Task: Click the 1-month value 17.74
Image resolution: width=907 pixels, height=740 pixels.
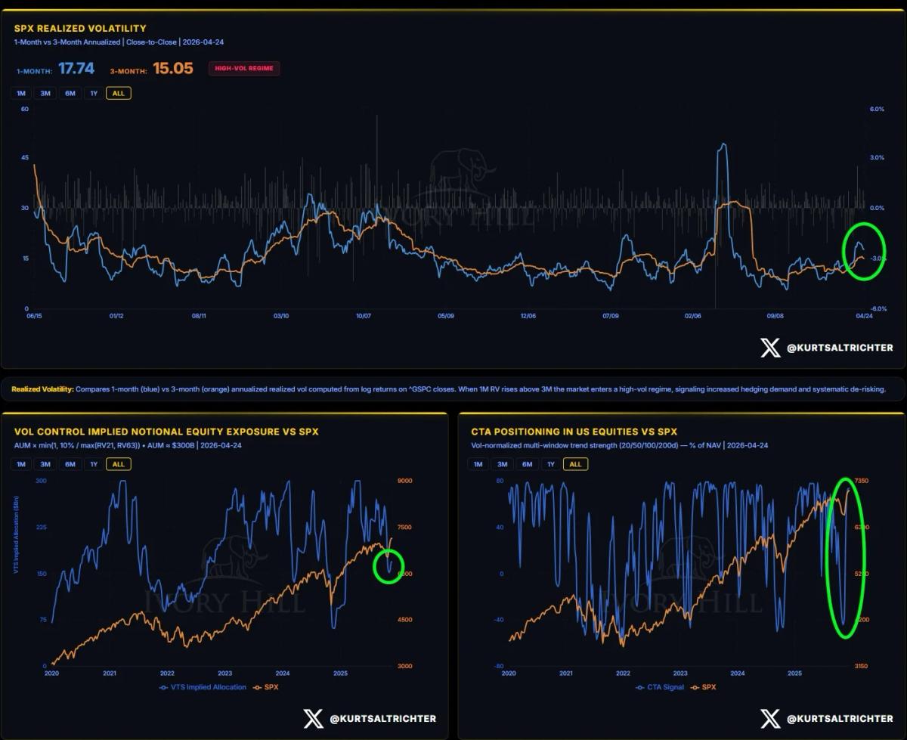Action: click(x=76, y=69)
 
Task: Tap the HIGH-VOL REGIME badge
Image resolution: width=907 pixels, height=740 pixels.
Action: click(x=244, y=69)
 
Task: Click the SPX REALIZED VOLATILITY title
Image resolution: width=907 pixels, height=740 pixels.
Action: click(x=80, y=29)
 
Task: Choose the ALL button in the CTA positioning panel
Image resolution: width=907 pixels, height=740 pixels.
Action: click(x=575, y=464)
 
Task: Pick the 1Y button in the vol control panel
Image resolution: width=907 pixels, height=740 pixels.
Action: click(x=94, y=464)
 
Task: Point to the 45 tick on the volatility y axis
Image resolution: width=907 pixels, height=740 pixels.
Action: click(x=25, y=158)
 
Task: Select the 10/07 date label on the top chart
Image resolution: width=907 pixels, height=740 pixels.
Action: click(x=363, y=316)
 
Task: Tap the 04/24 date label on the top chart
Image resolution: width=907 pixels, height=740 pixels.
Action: click(x=864, y=316)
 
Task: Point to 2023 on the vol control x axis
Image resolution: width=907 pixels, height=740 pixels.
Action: click(x=225, y=673)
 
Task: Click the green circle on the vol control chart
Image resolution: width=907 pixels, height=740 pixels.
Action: click(x=389, y=565)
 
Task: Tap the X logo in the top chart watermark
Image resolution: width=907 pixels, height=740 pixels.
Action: click(x=770, y=348)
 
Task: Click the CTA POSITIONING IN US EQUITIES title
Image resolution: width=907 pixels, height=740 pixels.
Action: click(x=574, y=432)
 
